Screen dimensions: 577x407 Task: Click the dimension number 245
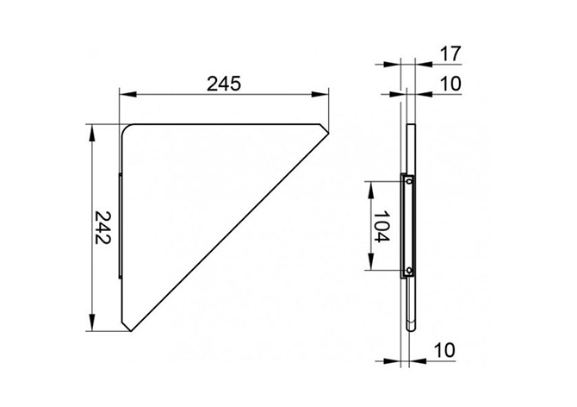(x=223, y=84)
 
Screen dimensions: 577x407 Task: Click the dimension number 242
(x=103, y=228)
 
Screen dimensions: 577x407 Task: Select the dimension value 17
(x=450, y=53)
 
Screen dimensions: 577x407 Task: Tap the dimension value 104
(x=382, y=226)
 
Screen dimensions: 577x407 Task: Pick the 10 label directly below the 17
(x=450, y=84)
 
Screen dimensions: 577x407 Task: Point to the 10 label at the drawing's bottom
(x=444, y=350)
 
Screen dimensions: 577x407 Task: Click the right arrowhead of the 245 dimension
(x=320, y=95)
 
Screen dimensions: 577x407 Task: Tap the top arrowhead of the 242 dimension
(x=92, y=133)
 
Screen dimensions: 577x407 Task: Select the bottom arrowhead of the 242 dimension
(x=92, y=322)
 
